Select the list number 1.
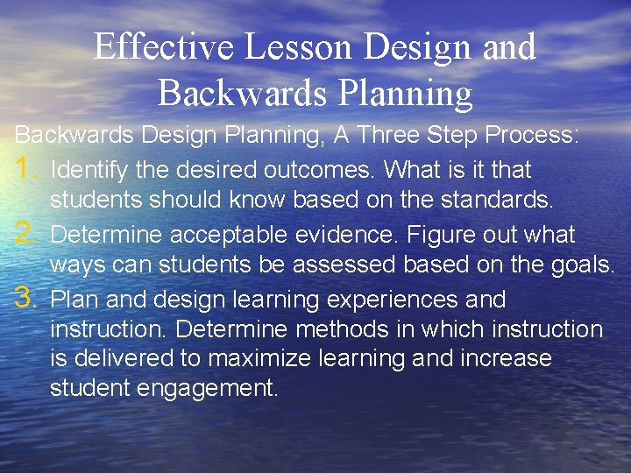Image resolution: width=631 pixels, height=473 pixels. click(x=25, y=167)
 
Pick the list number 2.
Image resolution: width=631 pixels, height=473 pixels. click(x=25, y=233)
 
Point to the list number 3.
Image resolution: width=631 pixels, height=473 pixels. click(x=25, y=298)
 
